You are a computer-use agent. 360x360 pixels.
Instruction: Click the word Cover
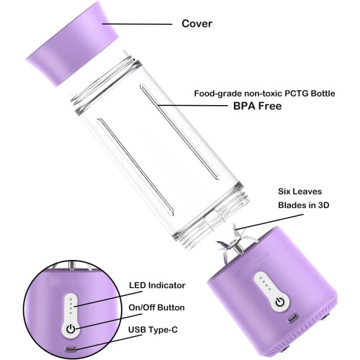tap(197, 24)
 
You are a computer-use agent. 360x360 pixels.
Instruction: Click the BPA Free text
tap(257, 106)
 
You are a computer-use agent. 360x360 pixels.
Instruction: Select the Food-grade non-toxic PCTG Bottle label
tap(264, 93)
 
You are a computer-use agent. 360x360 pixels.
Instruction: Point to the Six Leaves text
tap(300, 192)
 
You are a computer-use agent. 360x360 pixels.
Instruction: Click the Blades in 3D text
tap(303, 205)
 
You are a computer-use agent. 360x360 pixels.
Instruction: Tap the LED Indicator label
tap(157, 285)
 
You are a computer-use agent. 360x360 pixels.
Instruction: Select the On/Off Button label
tap(156, 307)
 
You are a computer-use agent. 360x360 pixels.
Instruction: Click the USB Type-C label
tap(153, 330)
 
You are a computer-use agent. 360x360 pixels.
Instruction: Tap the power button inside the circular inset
tap(71, 329)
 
